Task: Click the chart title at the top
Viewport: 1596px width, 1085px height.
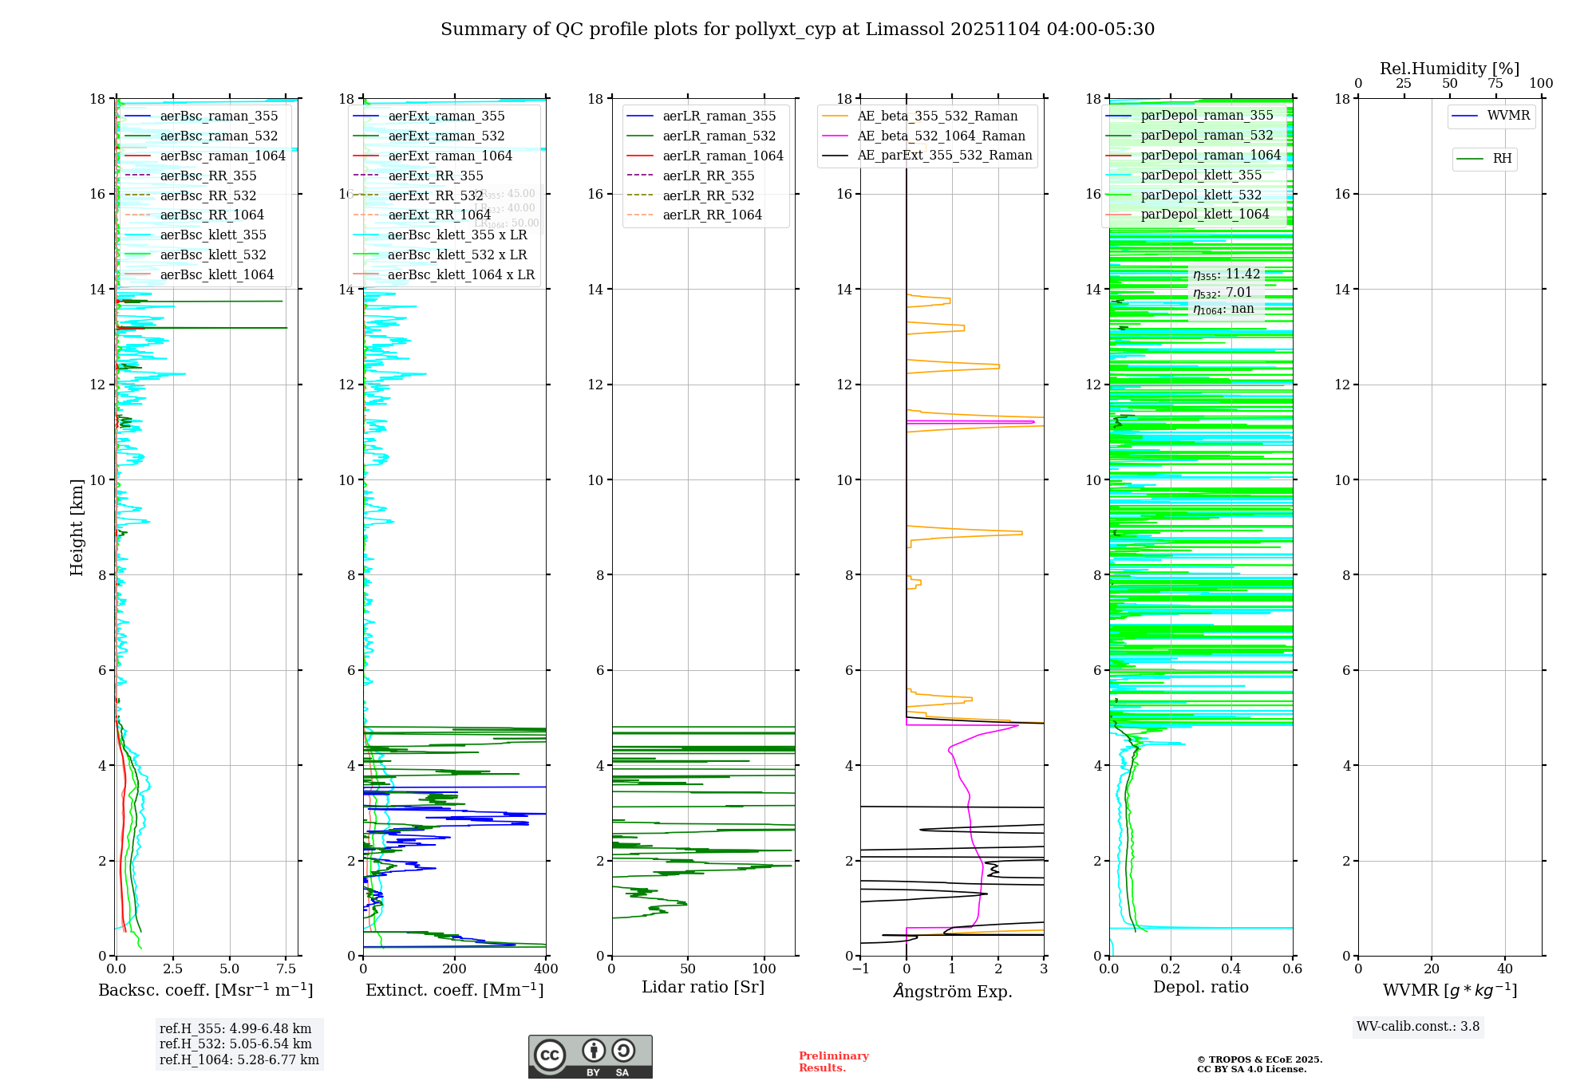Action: pyautogui.click(x=797, y=30)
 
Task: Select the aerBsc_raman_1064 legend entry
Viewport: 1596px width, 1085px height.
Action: pyautogui.click(x=222, y=156)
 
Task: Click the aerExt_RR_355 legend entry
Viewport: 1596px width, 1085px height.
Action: pyautogui.click(x=435, y=176)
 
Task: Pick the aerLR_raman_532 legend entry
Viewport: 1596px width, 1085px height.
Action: pyautogui.click(x=718, y=136)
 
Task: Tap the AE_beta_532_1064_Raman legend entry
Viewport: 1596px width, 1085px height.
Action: pyautogui.click(x=941, y=136)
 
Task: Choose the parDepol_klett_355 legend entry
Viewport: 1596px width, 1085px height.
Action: pyautogui.click(x=1200, y=176)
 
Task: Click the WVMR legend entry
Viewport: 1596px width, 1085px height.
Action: pyautogui.click(x=1508, y=116)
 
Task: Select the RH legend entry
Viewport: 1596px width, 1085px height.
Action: pyautogui.click(x=1502, y=159)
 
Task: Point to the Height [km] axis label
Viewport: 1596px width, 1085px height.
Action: pyautogui.click(x=77, y=527)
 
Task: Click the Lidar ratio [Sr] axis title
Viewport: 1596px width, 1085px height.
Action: pyautogui.click(x=703, y=987)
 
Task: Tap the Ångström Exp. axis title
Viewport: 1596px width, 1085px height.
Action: pyautogui.click(x=952, y=991)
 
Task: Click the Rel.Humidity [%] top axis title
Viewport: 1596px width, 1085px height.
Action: pyautogui.click(x=1449, y=69)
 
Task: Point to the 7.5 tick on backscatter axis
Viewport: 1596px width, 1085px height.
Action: pyautogui.click(x=286, y=969)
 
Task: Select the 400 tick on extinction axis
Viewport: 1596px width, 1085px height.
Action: pyautogui.click(x=546, y=969)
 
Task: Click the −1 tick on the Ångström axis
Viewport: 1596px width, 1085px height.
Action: pyautogui.click(x=860, y=969)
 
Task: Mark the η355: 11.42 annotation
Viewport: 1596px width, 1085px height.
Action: pyautogui.click(x=1227, y=274)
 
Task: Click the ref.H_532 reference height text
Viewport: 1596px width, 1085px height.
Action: pyautogui.click(x=235, y=1044)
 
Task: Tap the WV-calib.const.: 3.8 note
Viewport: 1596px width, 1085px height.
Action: pyautogui.click(x=1418, y=1027)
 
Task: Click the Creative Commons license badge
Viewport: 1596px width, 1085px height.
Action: pyautogui.click(x=590, y=1056)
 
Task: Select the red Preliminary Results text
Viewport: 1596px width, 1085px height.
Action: pyautogui.click(x=833, y=1062)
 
